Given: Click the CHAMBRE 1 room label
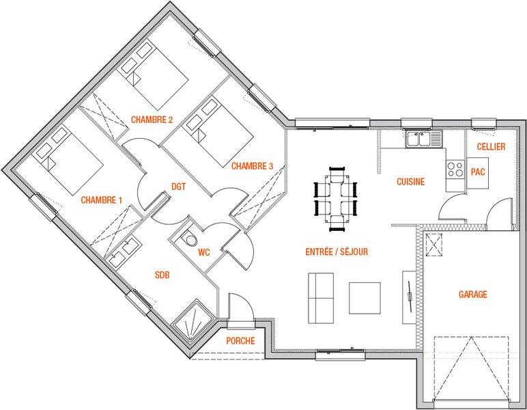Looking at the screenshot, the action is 101,200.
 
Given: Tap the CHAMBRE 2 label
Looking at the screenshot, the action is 152,120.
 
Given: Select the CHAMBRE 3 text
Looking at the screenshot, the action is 252,166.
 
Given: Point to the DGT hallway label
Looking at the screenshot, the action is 178,187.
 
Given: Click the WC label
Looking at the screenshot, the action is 204,252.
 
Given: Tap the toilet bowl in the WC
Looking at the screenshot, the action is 190,238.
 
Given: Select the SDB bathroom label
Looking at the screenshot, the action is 162,275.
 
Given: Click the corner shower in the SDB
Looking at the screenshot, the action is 194,320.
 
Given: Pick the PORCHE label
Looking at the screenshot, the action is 240,341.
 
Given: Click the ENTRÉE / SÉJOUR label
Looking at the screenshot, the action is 337,251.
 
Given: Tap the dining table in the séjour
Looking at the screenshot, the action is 335,199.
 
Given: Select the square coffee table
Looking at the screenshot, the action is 365,298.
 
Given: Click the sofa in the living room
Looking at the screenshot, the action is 321,298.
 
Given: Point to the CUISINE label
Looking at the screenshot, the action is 411,182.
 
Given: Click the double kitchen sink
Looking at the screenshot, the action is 424,139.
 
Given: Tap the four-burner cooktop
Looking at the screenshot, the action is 455,169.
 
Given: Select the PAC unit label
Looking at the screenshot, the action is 478,172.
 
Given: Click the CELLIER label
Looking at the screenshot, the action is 491,147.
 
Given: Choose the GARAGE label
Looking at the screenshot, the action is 473,295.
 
